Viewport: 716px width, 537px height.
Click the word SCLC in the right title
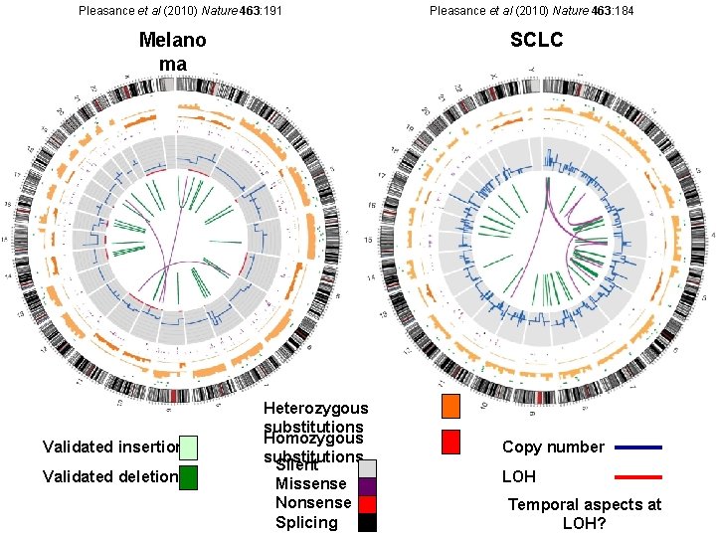(x=537, y=40)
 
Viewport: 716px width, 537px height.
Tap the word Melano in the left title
(x=173, y=41)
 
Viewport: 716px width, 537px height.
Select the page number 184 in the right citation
(x=623, y=10)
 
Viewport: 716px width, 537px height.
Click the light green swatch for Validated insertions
(x=189, y=447)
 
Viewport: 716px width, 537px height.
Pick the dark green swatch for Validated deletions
(x=189, y=477)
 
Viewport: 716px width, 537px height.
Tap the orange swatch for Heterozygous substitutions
(x=450, y=406)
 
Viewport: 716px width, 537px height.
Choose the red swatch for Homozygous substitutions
(x=450, y=442)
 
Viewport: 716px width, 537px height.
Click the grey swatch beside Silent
(x=367, y=468)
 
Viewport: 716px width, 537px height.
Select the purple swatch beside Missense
(x=367, y=486)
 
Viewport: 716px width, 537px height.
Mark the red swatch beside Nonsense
(x=367, y=504)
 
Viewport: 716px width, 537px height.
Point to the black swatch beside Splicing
(x=367, y=523)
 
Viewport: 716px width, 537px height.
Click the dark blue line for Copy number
(x=637, y=447)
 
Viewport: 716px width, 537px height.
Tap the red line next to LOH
(x=637, y=477)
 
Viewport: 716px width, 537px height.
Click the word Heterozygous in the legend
(x=315, y=408)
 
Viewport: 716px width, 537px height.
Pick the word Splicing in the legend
(x=306, y=523)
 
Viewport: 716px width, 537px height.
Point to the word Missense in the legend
(x=310, y=484)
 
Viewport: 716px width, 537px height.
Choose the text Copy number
(x=553, y=447)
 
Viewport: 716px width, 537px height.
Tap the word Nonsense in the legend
(x=312, y=503)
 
